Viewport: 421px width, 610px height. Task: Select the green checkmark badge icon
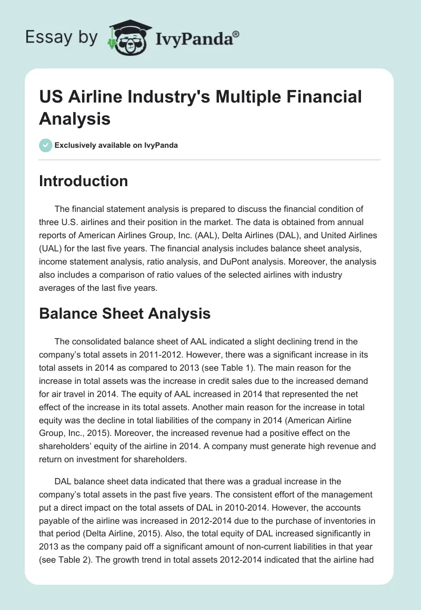pos(46,145)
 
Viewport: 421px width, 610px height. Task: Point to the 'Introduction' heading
pos(83,181)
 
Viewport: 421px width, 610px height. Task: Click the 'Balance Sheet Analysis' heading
pos(125,313)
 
